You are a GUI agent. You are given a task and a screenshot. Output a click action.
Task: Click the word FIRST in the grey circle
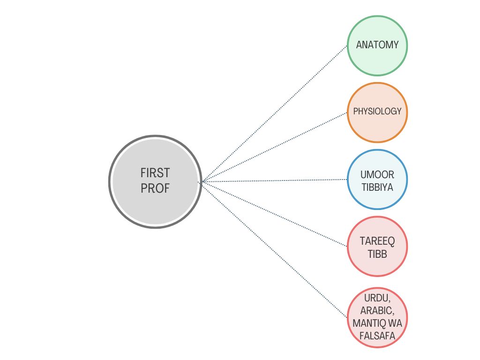pos(155,173)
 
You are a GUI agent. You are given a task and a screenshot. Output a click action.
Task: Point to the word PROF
pos(155,188)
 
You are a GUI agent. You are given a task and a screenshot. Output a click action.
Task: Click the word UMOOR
pos(377,175)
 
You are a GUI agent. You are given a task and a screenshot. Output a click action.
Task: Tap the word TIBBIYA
pos(377,187)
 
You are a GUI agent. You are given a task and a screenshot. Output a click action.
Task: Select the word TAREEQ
pos(377,241)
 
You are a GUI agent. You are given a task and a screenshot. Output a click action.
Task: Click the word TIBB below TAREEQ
pos(377,254)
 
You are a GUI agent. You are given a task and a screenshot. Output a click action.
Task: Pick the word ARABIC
pos(377,310)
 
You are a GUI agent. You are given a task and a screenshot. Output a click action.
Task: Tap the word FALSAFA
pos(377,336)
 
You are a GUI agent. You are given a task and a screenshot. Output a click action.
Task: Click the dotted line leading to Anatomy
pos(274,113)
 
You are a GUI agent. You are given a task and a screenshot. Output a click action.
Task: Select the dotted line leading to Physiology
pos(274,147)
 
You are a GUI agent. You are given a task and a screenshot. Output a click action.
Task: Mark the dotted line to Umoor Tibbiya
pos(274,180)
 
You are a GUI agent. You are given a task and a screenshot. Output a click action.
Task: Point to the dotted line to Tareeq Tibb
pos(274,214)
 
